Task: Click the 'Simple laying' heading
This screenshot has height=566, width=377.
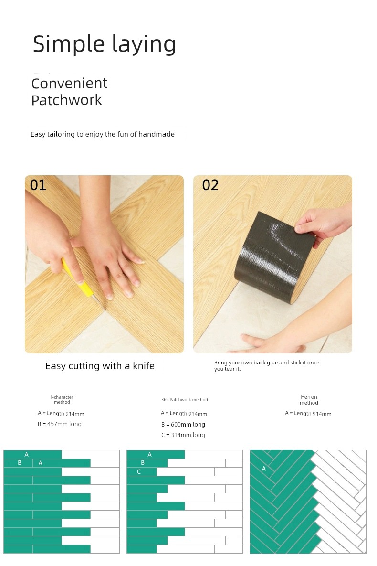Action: tap(104, 44)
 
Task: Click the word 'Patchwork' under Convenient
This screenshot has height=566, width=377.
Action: tap(67, 100)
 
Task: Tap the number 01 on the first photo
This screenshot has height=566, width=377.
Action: tap(38, 185)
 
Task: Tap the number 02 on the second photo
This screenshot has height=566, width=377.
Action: tap(210, 185)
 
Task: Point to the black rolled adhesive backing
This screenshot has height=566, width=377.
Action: tap(274, 256)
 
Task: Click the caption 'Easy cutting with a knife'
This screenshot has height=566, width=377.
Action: tap(100, 366)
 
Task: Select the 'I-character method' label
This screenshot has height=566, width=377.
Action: tap(62, 400)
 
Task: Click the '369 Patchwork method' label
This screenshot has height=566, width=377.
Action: tap(184, 400)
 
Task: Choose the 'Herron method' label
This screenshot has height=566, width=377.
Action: tap(309, 400)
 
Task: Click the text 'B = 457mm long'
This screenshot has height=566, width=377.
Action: tap(60, 424)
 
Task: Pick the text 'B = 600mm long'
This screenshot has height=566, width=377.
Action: tap(183, 425)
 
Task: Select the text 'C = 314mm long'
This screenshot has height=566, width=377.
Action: tap(183, 435)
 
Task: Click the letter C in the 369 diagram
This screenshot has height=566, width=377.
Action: tap(139, 472)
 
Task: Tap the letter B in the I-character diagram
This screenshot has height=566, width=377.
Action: tap(20, 463)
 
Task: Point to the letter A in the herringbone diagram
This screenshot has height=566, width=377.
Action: tap(264, 469)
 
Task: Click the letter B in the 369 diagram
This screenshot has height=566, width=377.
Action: tap(143, 463)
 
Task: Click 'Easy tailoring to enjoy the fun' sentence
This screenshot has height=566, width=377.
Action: tap(103, 134)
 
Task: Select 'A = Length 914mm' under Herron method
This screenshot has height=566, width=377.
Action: tap(308, 414)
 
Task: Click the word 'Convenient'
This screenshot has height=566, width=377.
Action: tap(69, 84)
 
